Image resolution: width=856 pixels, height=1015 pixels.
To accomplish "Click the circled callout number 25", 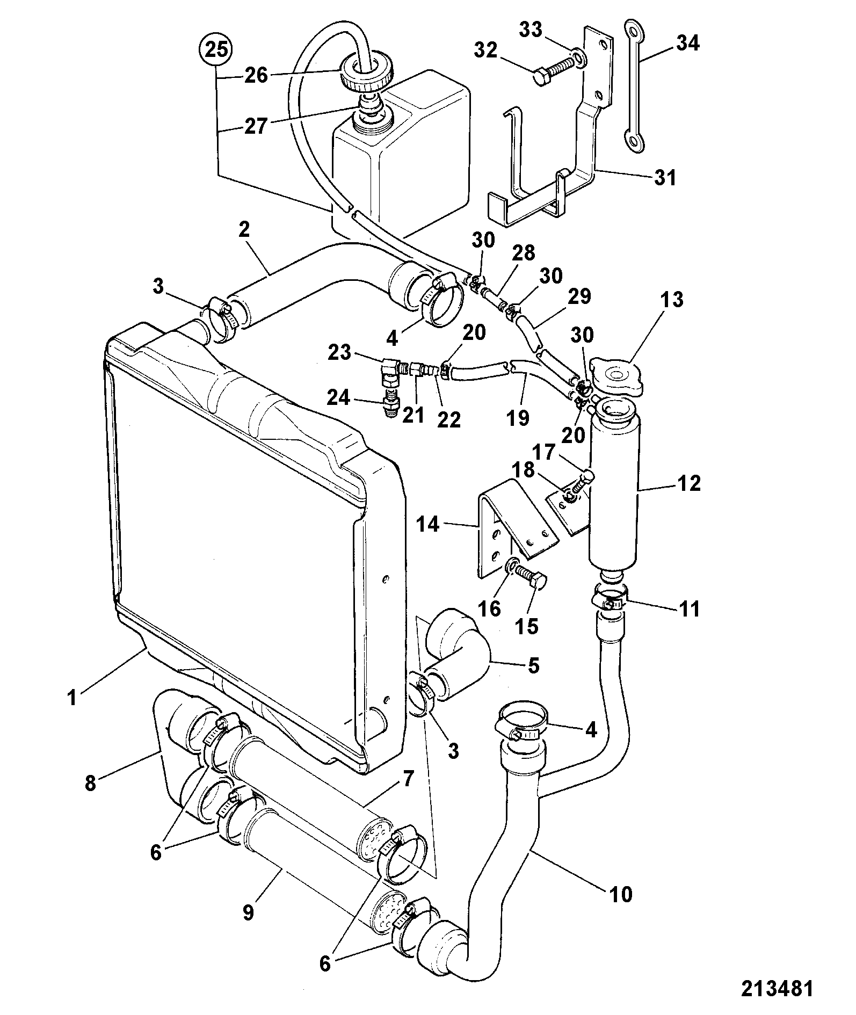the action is (216, 50).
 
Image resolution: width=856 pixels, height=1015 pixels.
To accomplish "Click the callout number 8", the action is (90, 784).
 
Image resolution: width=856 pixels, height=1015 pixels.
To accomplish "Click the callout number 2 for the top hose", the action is (244, 230).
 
